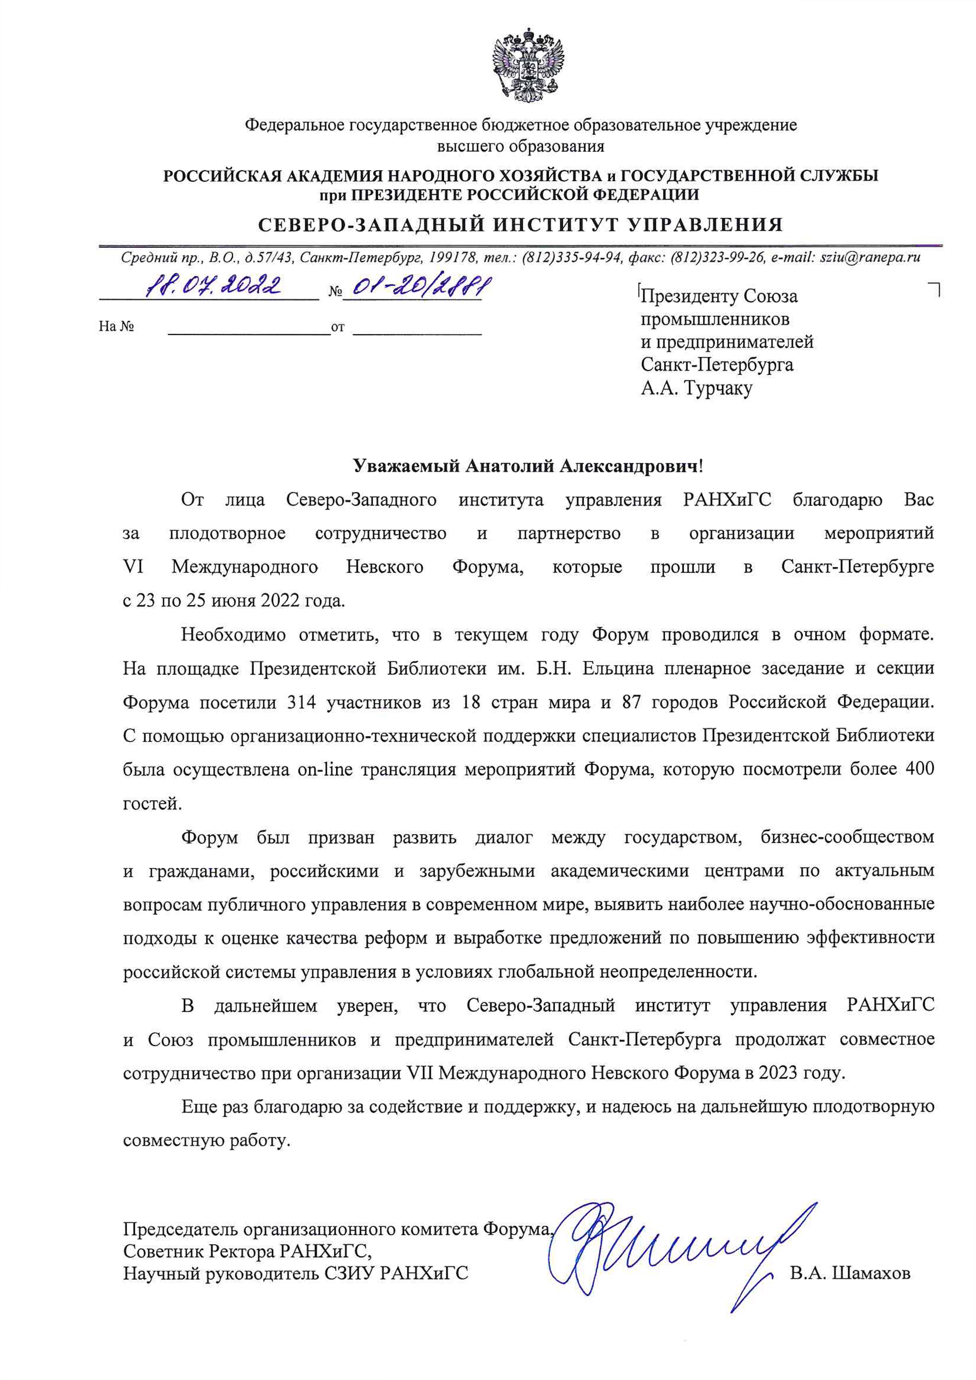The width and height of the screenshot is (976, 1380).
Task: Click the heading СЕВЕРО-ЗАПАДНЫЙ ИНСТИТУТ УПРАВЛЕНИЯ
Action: [x=521, y=225]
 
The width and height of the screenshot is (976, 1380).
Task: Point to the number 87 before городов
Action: [x=631, y=702]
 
